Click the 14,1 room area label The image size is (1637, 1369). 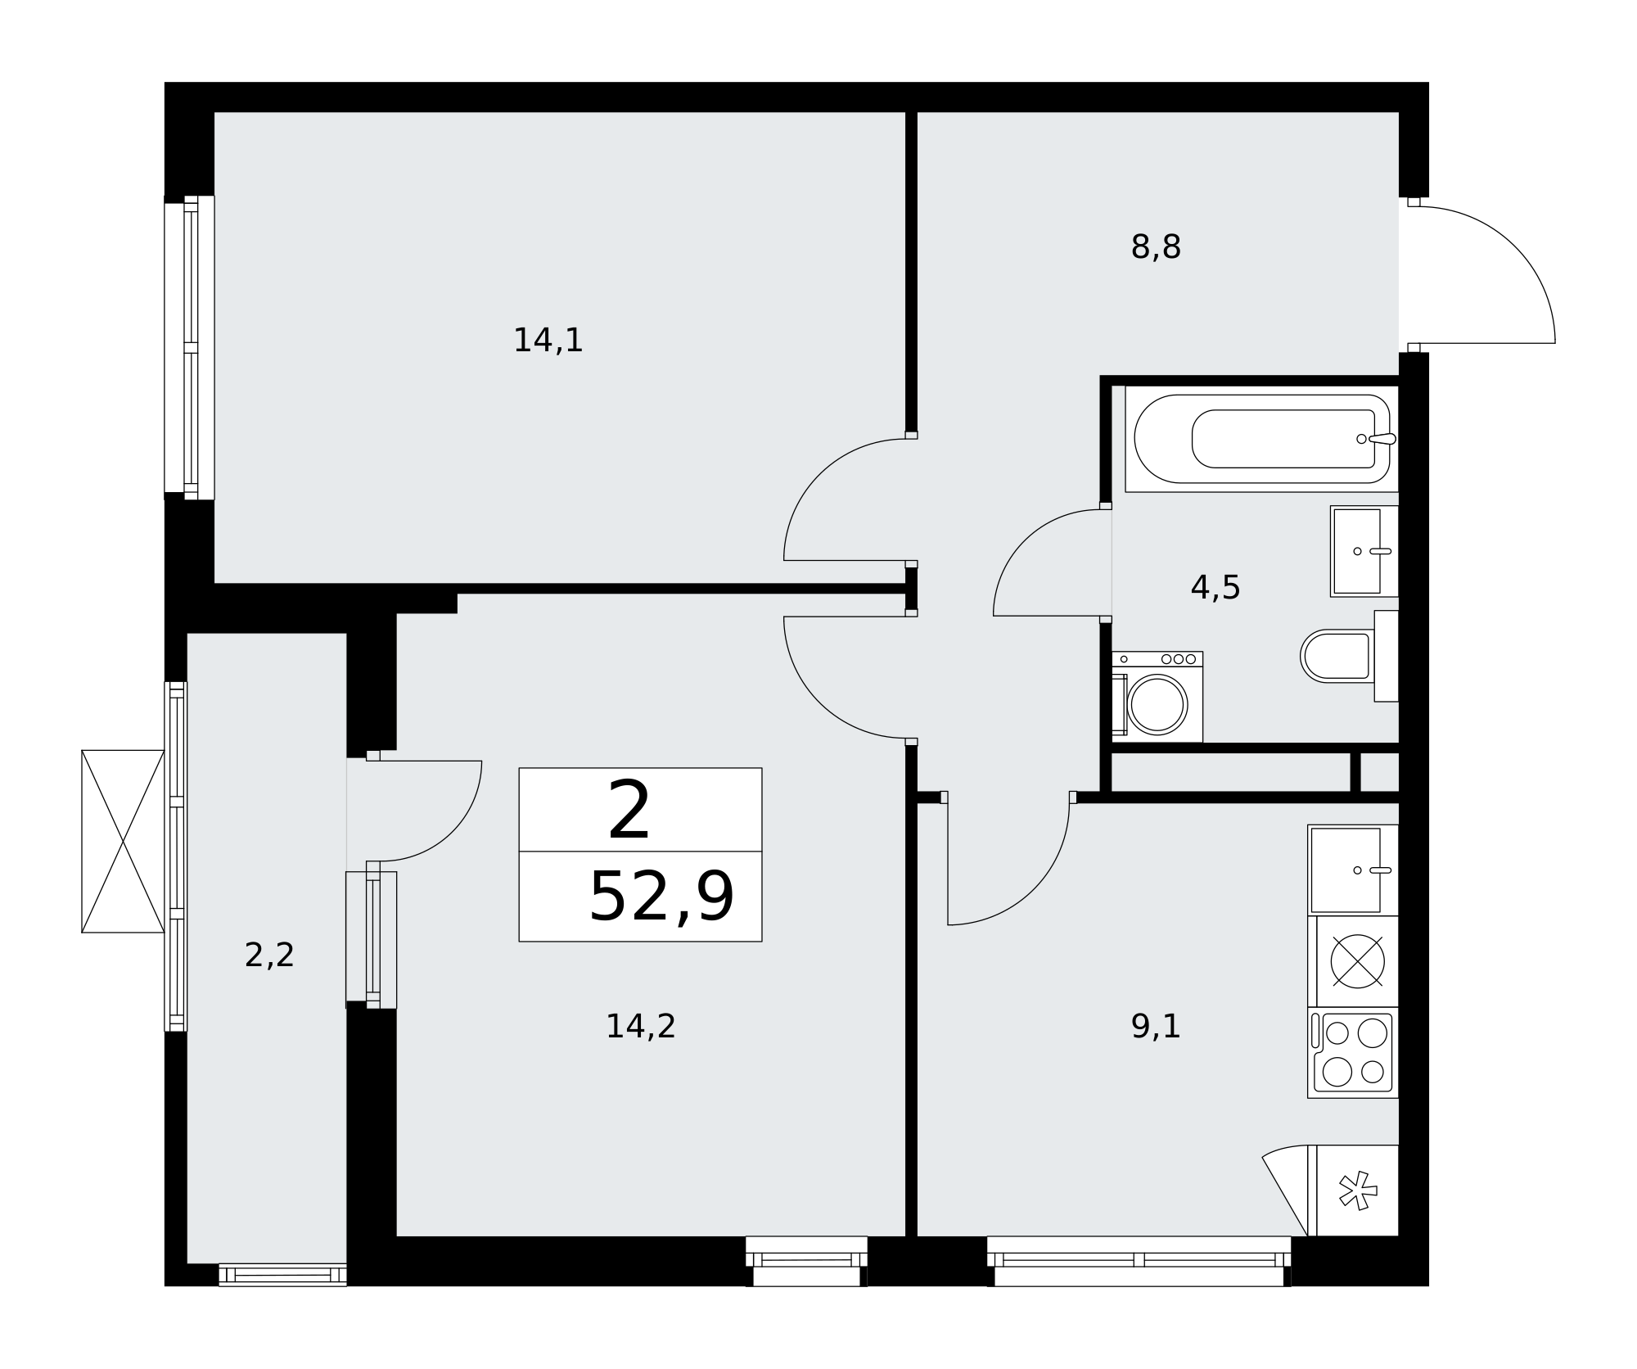click(x=548, y=341)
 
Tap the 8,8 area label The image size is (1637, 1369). click(x=1156, y=247)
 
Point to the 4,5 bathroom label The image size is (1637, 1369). click(x=1215, y=588)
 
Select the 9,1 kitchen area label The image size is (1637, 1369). click(x=1156, y=1027)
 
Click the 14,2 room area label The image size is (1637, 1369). click(x=640, y=1027)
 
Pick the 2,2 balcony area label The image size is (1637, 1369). click(x=269, y=956)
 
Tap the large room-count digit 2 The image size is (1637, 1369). click(x=629, y=810)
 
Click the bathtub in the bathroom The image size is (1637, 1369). click(x=1262, y=439)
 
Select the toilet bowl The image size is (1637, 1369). click(x=1349, y=656)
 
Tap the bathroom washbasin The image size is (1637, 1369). click(x=1364, y=551)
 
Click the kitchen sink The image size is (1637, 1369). click(x=1353, y=870)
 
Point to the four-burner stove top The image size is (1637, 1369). click(x=1353, y=1053)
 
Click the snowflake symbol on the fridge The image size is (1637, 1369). click(x=1358, y=1191)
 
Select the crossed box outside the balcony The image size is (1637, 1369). click(x=123, y=841)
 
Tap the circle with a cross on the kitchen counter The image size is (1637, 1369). click(x=1357, y=961)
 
